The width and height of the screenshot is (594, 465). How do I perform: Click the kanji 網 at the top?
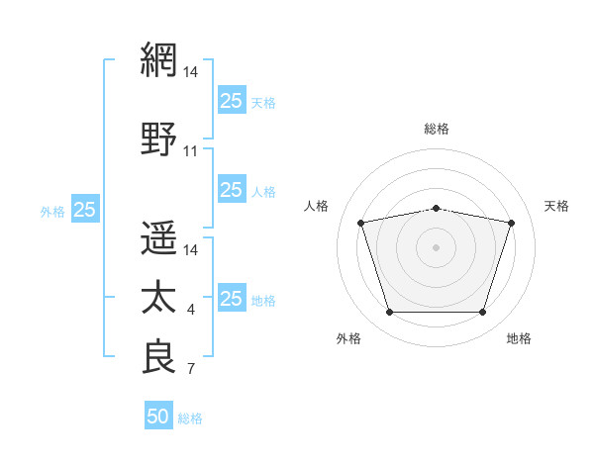[158, 59]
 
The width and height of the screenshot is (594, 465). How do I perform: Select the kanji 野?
[158, 139]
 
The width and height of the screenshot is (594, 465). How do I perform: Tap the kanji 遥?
[158, 237]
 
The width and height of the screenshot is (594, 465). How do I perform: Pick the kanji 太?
[158, 297]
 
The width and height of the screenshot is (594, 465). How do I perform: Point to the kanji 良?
[158, 356]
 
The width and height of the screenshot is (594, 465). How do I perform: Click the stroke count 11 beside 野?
[190, 151]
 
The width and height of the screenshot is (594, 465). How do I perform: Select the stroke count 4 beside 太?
[191, 310]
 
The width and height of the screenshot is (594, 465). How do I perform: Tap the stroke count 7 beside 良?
[191, 368]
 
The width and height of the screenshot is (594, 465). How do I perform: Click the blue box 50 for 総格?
[158, 415]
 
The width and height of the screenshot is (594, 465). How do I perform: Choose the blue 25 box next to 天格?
[232, 100]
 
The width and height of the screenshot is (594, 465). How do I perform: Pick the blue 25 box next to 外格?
[85, 208]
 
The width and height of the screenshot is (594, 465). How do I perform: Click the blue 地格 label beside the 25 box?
[263, 301]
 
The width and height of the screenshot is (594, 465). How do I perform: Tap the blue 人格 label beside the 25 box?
[263, 192]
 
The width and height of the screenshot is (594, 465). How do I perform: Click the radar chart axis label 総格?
[437, 129]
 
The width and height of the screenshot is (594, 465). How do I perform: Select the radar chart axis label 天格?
[556, 206]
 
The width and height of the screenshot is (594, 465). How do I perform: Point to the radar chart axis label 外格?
[348, 338]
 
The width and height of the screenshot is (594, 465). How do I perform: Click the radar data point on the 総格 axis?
[437, 209]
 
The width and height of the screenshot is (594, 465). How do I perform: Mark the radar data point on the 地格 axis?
[483, 312]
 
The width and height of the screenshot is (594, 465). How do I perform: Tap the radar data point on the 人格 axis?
[361, 223]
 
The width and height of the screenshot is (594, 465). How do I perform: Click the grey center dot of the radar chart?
[436, 247]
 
